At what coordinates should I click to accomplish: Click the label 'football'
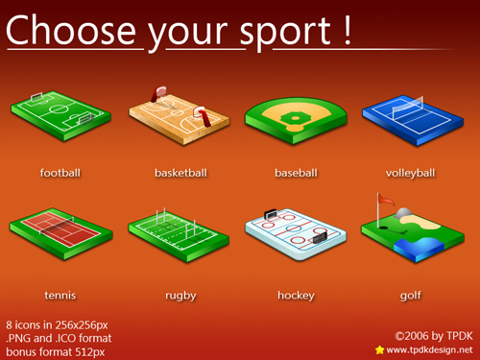click(x=60, y=174)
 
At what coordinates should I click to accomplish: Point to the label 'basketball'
click(x=180, y=174)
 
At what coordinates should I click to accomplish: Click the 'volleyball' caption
click(x=411, y=174)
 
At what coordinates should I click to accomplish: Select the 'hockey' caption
click(x=296, y=296)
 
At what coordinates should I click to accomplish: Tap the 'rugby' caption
click(x=180, y=296)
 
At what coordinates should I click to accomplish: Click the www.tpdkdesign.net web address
click(x=429, y=350)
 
